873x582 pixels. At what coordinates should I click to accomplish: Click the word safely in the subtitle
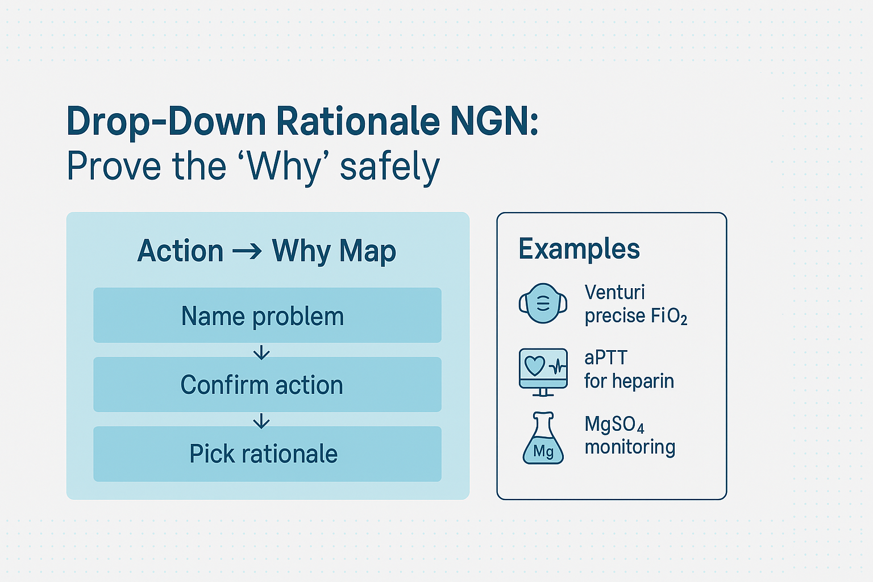[x=390, y=167]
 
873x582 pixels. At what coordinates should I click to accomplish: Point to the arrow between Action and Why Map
[x=247, y=251]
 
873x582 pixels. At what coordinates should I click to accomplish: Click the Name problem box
[x=267, y=315]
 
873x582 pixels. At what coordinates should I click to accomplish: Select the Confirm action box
[x=267, y=385]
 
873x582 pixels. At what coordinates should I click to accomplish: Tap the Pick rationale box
[x=267, y=454]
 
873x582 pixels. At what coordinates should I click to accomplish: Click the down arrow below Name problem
[x=261, y=353]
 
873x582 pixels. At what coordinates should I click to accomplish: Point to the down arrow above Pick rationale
[x=261, y=421]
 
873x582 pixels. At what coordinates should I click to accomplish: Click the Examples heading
[x=579, y=249]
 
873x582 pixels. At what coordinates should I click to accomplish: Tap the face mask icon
[x=543, y=304]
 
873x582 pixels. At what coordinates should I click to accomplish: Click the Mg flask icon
[x=543, y=439]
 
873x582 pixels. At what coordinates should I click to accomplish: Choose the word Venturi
[x=614, y=292]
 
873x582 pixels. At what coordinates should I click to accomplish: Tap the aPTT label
[x=606, y=358]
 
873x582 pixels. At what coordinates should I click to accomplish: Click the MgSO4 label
[x=614, y=424]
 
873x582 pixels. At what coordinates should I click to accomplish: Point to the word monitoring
[x=630, y=447]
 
